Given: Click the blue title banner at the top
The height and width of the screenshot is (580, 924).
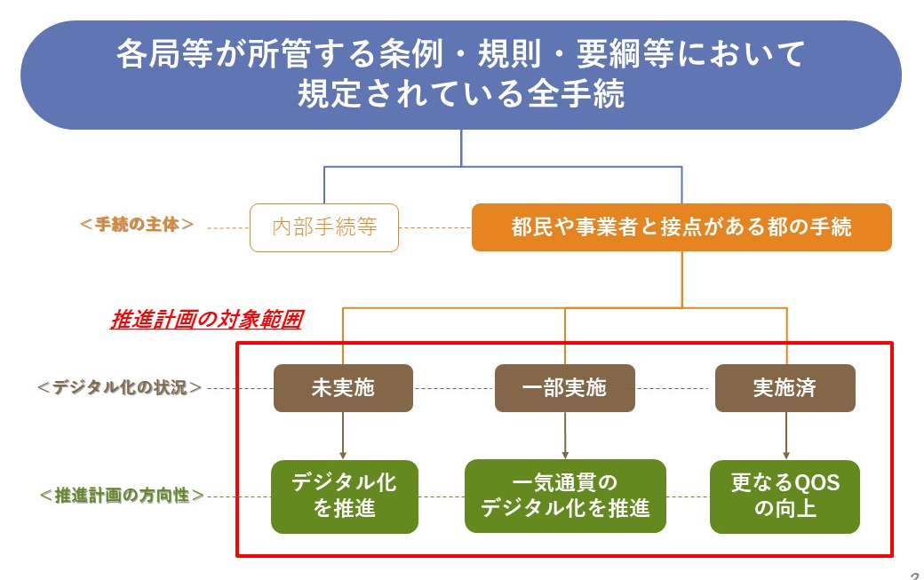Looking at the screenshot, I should [x=460, y=75].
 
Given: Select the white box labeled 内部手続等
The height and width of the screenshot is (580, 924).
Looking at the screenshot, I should [x=324, y=227].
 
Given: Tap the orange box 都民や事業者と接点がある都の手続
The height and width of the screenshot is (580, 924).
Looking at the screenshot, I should [x=681, y=227].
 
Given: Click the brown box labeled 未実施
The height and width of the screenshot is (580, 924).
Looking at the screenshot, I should [x=343, y=388].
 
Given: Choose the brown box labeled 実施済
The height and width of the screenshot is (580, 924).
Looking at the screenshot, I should [x=785, y=388].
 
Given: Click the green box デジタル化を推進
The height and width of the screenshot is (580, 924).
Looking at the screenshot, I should [x=344, y=496].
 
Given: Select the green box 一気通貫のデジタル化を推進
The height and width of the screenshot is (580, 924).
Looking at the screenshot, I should [x=565, y=496].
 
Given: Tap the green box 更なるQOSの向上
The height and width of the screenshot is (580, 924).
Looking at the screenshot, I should [x=785, y=496].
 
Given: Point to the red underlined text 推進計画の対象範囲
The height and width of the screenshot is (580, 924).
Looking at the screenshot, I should [x=205, y=320].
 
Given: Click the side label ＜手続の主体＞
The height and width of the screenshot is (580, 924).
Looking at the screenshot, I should [x=137, y=224].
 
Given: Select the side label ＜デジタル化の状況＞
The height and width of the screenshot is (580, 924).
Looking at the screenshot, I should [x=119, y=387].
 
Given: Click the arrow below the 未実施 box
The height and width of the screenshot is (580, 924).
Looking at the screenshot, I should [x=343, y=435].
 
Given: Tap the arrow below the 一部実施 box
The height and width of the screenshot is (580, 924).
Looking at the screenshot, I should [x=564, y=435].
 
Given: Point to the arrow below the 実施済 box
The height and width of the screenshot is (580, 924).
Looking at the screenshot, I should [x=785, y=435].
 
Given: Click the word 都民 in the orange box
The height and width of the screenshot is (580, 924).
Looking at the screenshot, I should [x=531, y=227].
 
